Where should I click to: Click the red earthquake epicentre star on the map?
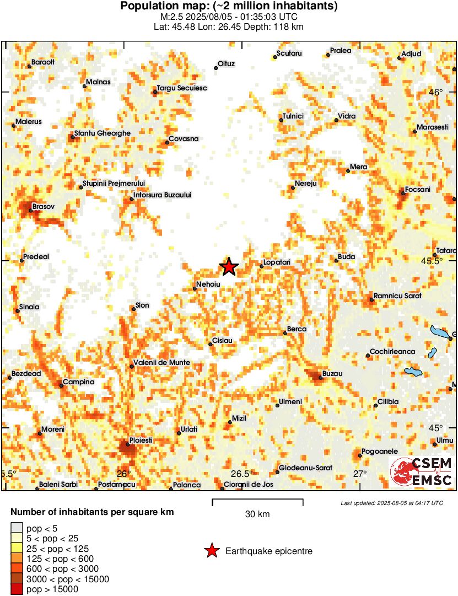229,267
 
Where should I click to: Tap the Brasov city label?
44,207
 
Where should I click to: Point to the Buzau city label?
332,374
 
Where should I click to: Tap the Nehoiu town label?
209,284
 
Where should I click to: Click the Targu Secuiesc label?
181,88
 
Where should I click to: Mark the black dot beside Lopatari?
262,266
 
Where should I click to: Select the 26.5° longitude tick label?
241,474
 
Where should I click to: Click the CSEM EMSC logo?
422,472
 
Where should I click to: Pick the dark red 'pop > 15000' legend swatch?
17,589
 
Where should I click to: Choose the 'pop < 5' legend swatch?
17,528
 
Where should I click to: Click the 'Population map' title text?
229,7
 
